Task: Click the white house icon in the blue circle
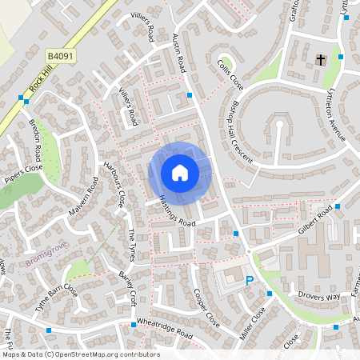click(180, 173)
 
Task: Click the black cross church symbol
click(321, 60)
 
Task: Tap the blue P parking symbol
click(250, 281)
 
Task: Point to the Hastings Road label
click(176, 210)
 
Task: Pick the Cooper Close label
click(206, 308)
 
